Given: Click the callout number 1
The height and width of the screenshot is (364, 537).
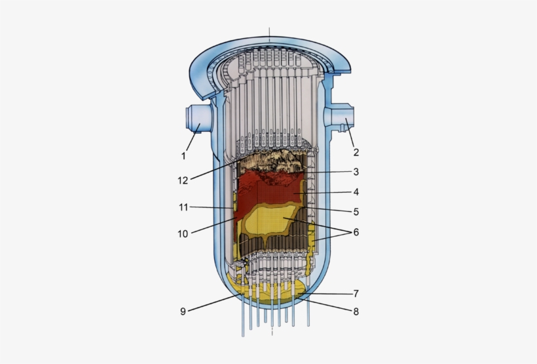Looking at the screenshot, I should pyautogui.click(x=184, y=156).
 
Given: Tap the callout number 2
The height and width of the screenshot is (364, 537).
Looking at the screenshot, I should pyautogui.click(x=356, y=152).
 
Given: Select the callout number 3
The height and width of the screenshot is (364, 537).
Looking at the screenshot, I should pyautogui.click(x=356, y=172).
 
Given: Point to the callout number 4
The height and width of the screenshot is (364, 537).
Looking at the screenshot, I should pyautogui.click(x=356, y=192).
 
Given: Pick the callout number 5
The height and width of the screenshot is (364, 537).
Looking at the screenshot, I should pyautogui.click(x=356, y=212).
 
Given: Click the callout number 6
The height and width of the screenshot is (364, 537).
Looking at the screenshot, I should pyautogui.click(x=356, y=232).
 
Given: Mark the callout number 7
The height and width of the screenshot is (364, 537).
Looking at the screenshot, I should pyautogui.click(x=356, y=293).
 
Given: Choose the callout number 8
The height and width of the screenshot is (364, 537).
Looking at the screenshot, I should pyautogui.click(x=356, y=312).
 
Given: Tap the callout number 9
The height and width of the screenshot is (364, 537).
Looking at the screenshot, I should pyautogui.click(x=183, y=312).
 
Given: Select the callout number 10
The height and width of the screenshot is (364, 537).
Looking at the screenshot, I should pyautogui.click(x=183, y=233).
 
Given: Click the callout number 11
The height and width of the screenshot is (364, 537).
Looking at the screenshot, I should pyautogui.click(x=183, y=207).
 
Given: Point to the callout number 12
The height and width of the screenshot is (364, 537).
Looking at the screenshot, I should pyautogui.click(x=183, y=180).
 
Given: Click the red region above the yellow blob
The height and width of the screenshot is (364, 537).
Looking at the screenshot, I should pyautogui.click(x=268, y=190).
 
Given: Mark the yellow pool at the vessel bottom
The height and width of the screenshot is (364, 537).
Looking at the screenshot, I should pyautogui.click(x=268, y=291).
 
